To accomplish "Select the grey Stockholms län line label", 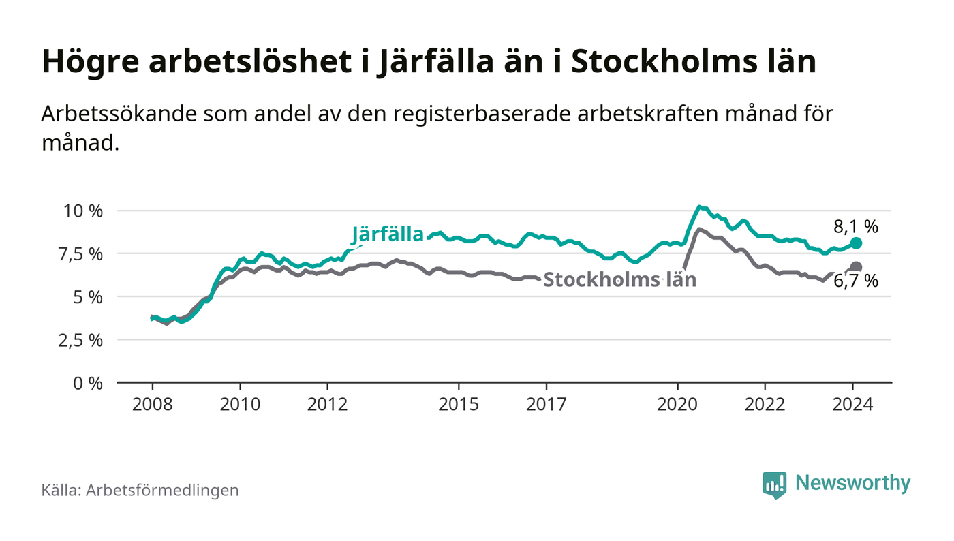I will [619, 279].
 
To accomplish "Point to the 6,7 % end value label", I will [856, 281].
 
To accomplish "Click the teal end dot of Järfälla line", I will [857, 243].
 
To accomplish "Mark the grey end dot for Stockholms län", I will [857, 267].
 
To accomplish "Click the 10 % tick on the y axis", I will [83, 211].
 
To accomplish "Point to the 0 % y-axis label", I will [89, 383].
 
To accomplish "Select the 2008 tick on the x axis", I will [152, 404].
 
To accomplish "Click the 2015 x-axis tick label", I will [459, 404].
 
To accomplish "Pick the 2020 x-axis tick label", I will [677, 404].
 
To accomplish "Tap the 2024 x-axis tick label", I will [852, 404].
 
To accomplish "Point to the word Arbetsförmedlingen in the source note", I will [162, 490].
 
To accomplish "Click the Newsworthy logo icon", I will [774, 484].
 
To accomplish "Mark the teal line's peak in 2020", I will [699, 206].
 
